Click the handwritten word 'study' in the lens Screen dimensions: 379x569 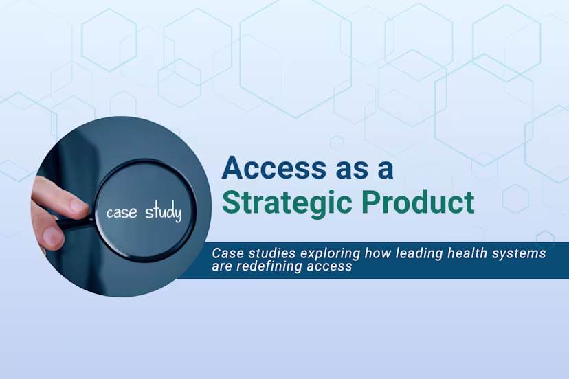tap(163, 212)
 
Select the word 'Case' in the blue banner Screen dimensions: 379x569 tap(225, 253)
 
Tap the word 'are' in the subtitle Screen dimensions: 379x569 tap(223, 266)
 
